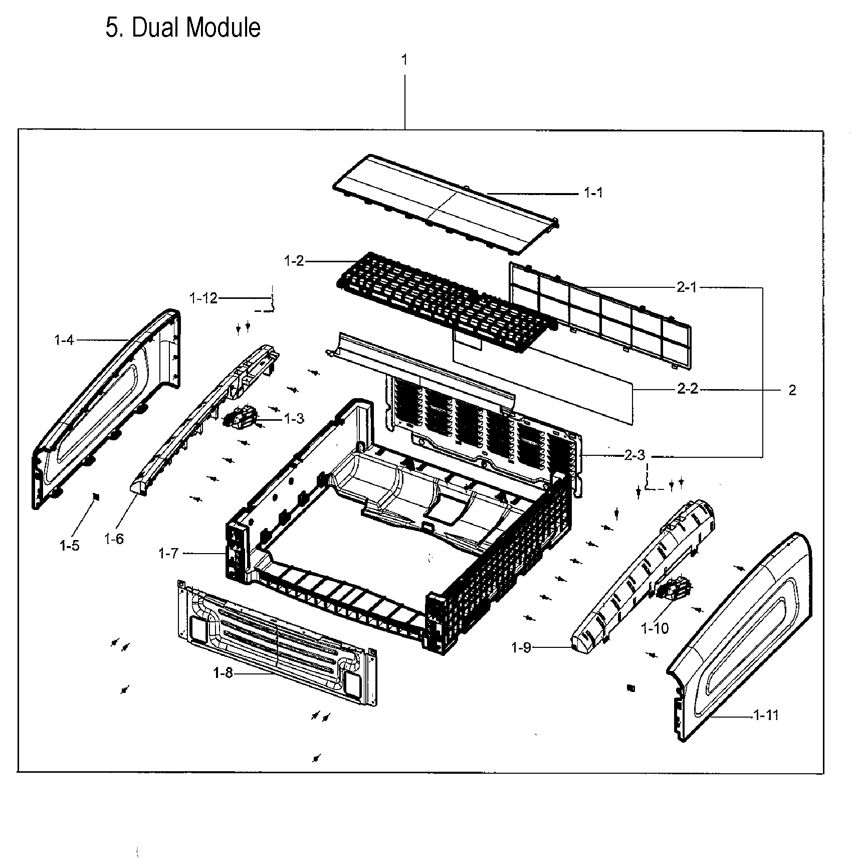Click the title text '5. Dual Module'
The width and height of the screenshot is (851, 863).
point(183,28)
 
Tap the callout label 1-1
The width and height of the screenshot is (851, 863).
point(593,193)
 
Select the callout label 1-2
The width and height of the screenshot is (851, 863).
point(294,261)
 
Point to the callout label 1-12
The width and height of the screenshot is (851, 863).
point(203,298)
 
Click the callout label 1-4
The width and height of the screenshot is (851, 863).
point(64,340)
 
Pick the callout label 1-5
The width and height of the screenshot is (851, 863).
point(70,546)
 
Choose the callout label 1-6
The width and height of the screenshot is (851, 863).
point(114,539)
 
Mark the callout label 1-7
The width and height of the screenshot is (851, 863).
point(168,554)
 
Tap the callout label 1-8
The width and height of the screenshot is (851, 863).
point(223,673)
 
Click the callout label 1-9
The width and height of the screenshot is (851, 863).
point(521,648)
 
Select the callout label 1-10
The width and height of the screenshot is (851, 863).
point(655,628)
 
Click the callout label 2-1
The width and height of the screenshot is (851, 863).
point(687,287)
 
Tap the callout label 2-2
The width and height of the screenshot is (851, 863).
point(687,390)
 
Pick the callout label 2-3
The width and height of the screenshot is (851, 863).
point(635,455)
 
